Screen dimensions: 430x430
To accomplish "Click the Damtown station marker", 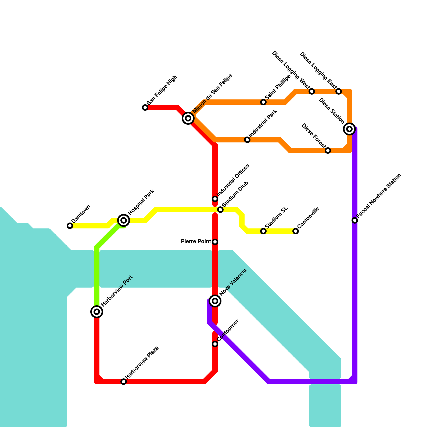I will point(70,226).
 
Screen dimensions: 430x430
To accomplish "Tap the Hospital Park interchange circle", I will point(124,220).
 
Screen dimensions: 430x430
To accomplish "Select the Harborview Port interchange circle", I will point(97,312).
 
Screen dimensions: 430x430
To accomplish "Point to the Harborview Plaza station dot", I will point(124,382).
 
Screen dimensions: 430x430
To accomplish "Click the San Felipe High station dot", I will point(145,107).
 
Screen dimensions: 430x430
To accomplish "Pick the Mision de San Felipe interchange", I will point(188,118).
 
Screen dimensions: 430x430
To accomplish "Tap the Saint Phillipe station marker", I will point(263,102).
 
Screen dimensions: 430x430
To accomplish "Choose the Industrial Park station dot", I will point(247,140).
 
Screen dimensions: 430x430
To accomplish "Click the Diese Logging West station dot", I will point(312,91).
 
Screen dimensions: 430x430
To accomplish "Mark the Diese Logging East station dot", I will point(339,91).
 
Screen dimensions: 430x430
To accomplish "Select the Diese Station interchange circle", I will point(349,129).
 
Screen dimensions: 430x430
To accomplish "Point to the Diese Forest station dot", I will point(328,150).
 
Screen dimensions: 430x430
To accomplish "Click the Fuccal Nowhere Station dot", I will point(355,220).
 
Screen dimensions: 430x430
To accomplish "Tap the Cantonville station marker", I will point(296,231).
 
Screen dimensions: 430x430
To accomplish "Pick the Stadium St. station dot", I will point(263,231).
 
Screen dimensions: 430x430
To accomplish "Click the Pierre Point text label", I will point(196,242).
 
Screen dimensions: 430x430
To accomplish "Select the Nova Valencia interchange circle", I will point(215,301).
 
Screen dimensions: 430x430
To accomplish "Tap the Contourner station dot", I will point(215,344).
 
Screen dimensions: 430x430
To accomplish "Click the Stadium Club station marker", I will point(220,210).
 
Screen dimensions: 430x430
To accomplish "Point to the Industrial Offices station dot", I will point(215,199).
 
